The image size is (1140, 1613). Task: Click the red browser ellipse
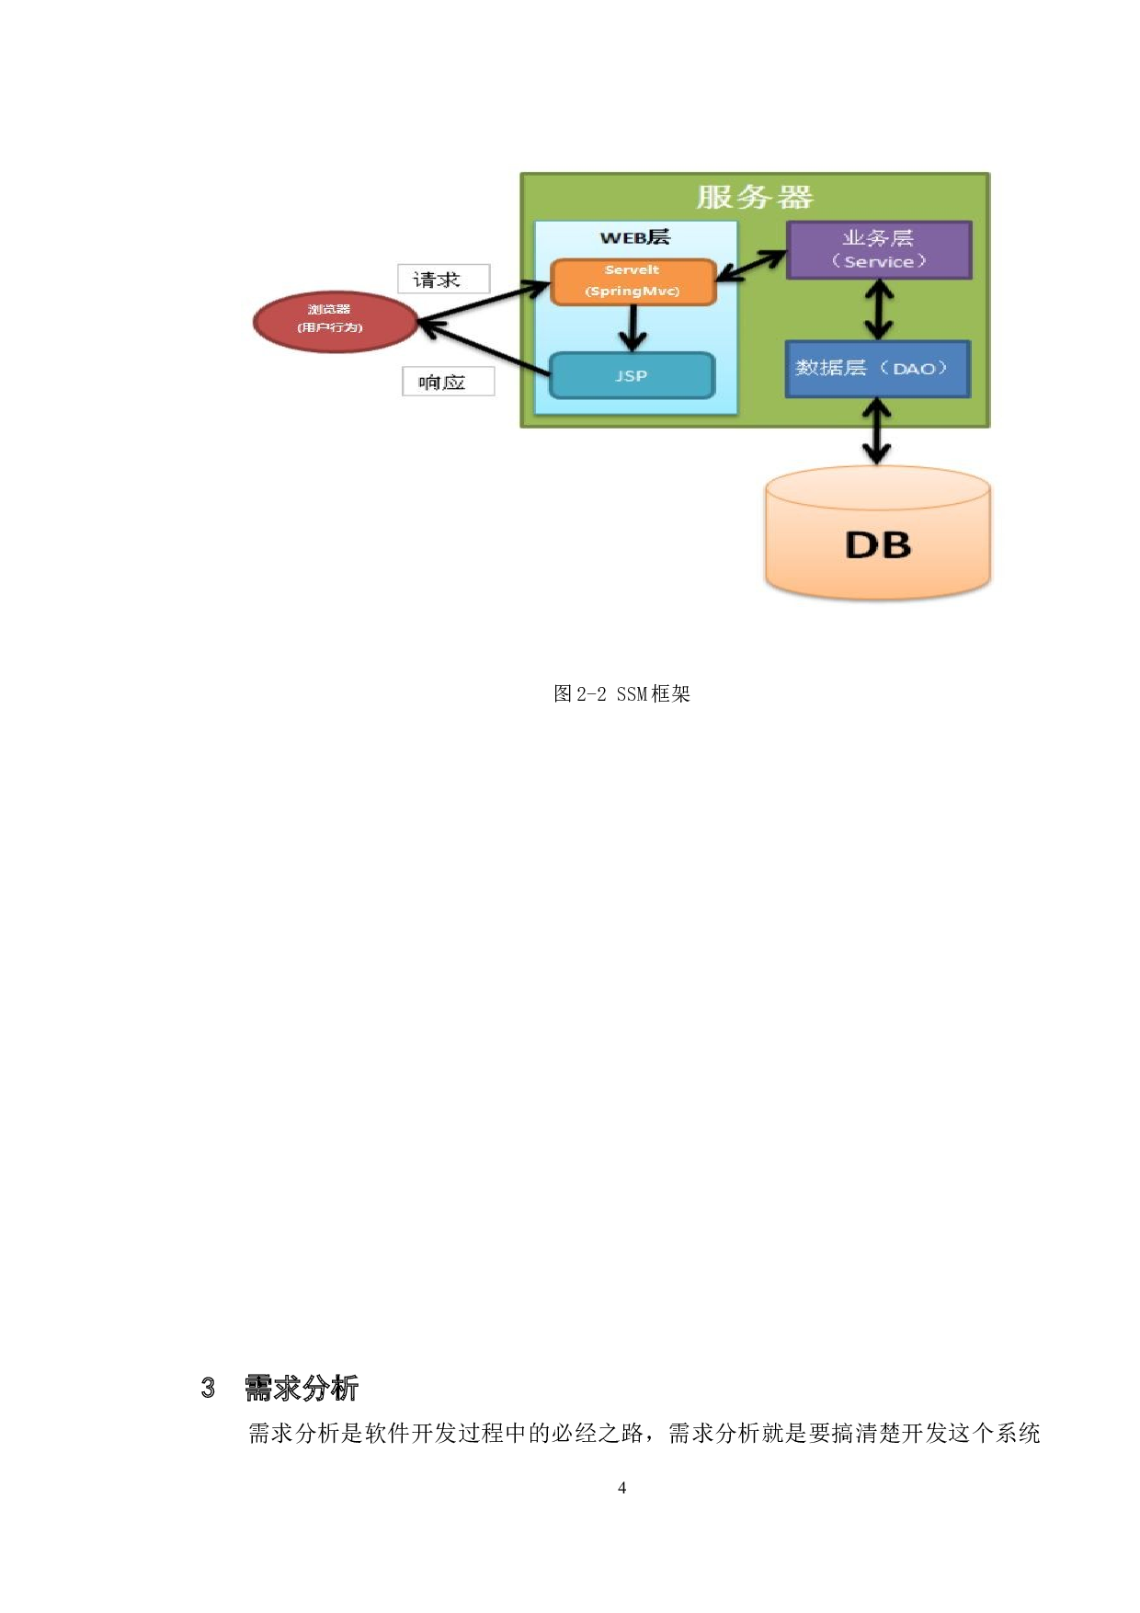(x=335, y=322)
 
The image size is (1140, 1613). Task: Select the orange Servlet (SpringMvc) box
(x=633, y=281)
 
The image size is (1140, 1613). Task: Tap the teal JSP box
(x=632, y=375)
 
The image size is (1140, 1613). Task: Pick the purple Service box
(x=878, y=249)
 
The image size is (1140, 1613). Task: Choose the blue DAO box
(x=877, y=369)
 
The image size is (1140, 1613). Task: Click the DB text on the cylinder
(x=878, y=545)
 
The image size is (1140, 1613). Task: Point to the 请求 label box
(x=443, y=279)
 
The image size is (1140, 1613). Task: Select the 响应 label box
(x=448, y=382)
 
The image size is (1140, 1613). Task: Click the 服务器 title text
(x=755, y=197)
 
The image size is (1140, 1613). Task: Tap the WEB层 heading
(x=634, y=237)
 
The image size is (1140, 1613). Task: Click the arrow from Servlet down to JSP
(x=633, y=328)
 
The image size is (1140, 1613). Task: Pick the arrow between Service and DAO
(x=880, y=310)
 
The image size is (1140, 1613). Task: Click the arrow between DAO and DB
(x=877, y=431)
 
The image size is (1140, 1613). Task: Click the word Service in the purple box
(x=878, y=262)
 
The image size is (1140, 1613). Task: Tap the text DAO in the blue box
(x=913, y=369)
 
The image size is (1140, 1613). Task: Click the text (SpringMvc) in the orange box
(x=633, y=292)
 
